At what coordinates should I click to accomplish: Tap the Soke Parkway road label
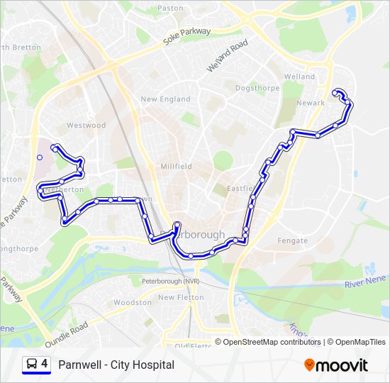click(x=187, y=36)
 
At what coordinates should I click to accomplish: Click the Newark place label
click(x=311, y=103)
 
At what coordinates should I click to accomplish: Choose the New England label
click(x=165, y=99)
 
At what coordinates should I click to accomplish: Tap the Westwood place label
click(x=86, y=126)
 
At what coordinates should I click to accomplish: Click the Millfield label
click(x=176, y=166)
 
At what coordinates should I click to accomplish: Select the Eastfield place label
click(x=240, y=189)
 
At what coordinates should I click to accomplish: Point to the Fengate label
click(x=293, y=240)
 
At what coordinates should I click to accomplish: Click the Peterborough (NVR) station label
click(x=171, y=282)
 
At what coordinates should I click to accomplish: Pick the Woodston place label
click(x=133, y=302)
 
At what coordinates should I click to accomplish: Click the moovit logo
click(x=336, y=365)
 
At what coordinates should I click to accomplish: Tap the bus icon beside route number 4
click(x=32, y=365)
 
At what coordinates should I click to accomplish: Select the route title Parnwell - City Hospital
click(x=116, y=365)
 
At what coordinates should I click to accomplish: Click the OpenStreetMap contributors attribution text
click(x=272, y=342)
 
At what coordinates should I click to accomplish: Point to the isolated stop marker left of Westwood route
click(x=40, y=157)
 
